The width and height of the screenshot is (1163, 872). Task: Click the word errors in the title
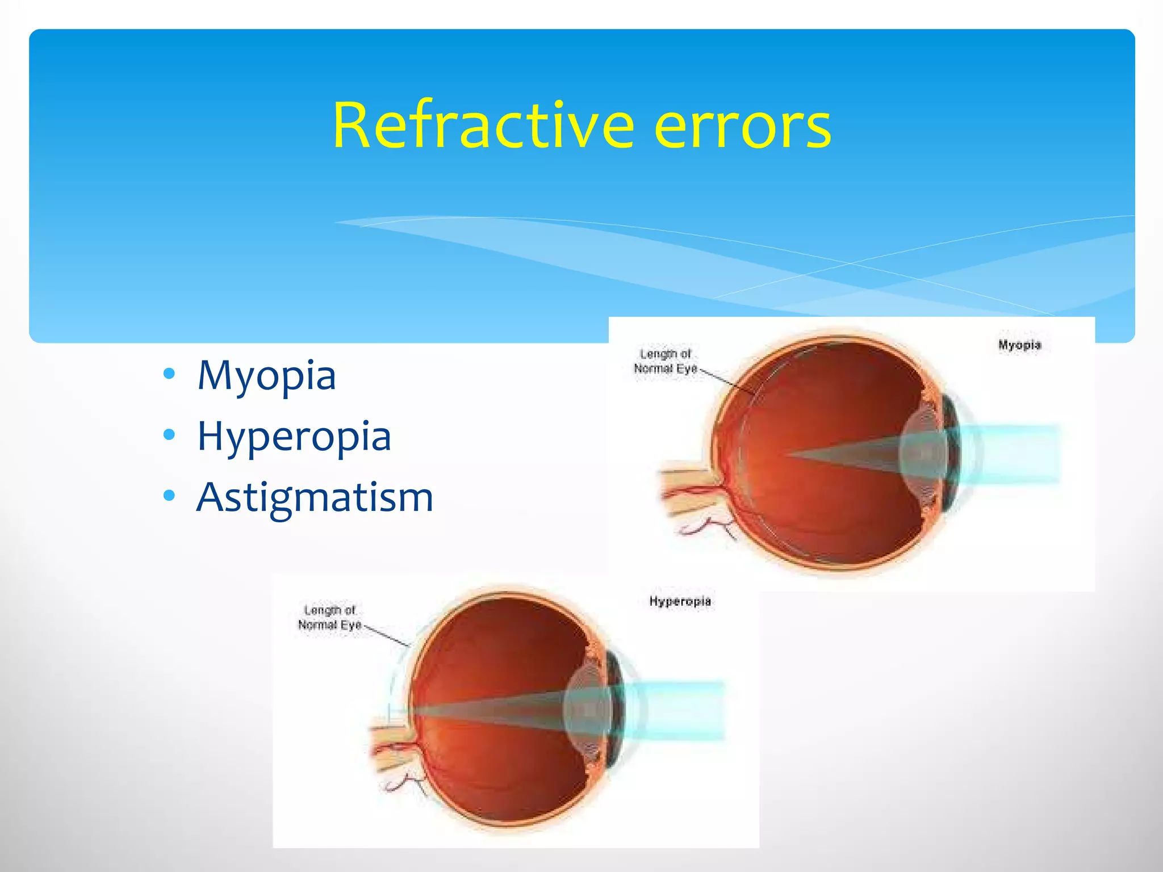tap(742, 125)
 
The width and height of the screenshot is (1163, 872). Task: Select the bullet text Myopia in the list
tap(266, 376)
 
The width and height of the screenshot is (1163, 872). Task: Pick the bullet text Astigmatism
tap(315, 498)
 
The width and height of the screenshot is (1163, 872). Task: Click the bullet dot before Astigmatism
tap(169, 496)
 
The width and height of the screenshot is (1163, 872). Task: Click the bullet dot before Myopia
tap(169, 374)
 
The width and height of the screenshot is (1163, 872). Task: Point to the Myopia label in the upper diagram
tap(1019, 345)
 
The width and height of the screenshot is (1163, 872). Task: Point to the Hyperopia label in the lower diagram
tap(680, 601)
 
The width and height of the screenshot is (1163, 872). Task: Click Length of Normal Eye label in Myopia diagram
tap(666, 362)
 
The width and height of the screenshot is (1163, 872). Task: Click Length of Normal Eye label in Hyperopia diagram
tap(330, 618)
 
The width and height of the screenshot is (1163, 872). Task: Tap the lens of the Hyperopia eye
tap(588, 710)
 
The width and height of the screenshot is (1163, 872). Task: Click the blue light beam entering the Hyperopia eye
tap(681, 710)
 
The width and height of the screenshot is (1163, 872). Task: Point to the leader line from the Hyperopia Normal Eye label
tap(386, 636)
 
